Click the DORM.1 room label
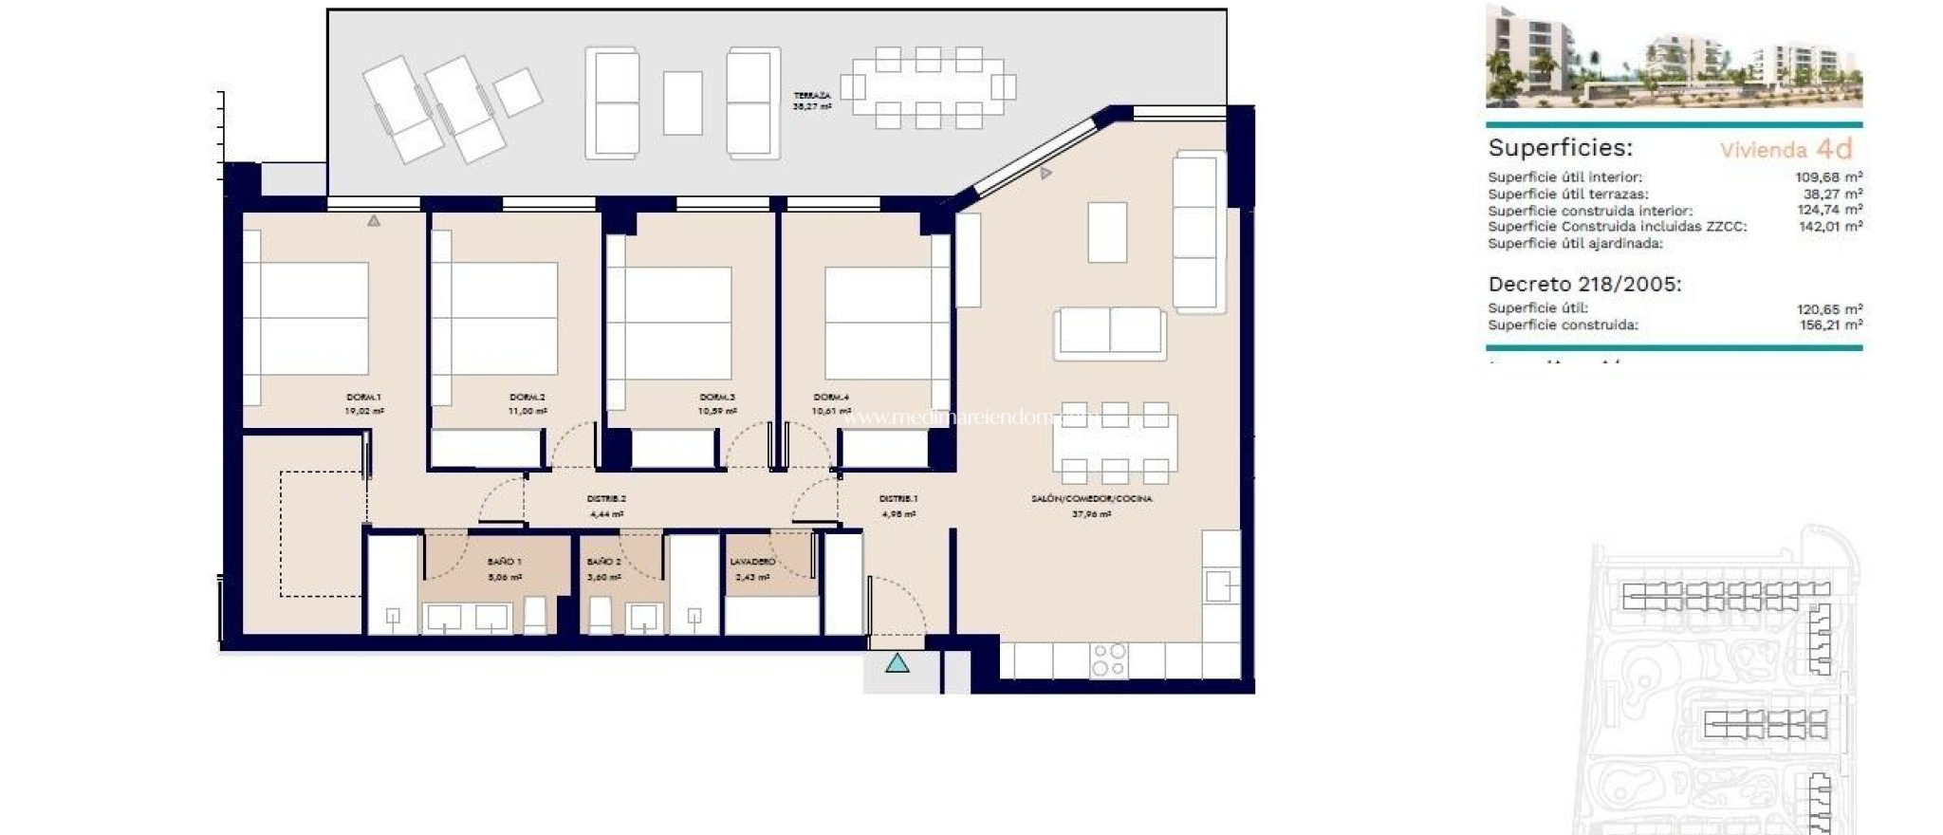(x=363, y=398)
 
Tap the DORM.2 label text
(x=527, y=398)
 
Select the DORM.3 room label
(x=716, y=398)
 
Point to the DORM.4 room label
(x=830, y=398)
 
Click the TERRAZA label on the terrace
(x=812, y=96)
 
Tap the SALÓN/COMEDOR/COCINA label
(x=1091, y=499)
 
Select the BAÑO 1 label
(x=504, y=562)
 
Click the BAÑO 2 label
(x=603, y=562)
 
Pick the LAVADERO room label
(x=752, y=562)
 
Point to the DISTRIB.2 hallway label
(x=606, y=499)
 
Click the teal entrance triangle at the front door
(x=897, y=663)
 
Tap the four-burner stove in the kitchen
(x=1108, y=660)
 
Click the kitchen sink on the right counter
(x=1218, y=585)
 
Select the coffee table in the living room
(x=1106, y=232)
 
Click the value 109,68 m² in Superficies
(x=1828, y=177)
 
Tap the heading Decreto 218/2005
(x=1584, y=284)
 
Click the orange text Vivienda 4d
(x=1786, y=149)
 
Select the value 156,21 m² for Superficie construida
(x=1830, y=325)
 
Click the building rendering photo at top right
(x=1674, y=57)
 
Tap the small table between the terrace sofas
(x=682, y=103)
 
